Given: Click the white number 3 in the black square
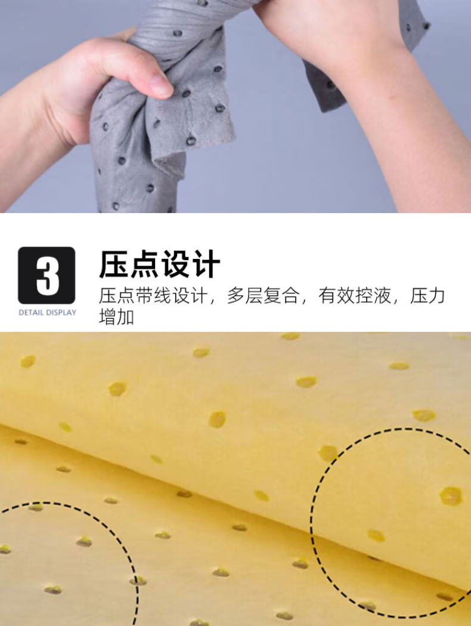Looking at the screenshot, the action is [x=48, y=276].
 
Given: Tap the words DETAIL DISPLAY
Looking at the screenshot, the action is [x=47, y=313].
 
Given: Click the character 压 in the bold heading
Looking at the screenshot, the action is [x=114, y=264].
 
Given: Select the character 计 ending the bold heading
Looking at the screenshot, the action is [x=205, y=264].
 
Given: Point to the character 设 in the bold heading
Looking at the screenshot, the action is [x=175, y=264].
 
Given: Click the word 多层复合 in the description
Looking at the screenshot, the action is [x=263, y=296].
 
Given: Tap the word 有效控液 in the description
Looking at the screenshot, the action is [x=355, y=296].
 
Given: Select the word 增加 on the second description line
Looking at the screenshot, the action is [x=116, y=317].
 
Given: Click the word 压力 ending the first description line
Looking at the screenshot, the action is [x=427, y=296].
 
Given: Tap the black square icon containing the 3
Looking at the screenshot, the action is [x=47, y=276].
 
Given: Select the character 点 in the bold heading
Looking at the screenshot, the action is [x=144, y=264].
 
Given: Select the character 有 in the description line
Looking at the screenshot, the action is [x=327, y=296].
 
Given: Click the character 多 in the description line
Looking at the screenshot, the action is [x=236, y=296].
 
